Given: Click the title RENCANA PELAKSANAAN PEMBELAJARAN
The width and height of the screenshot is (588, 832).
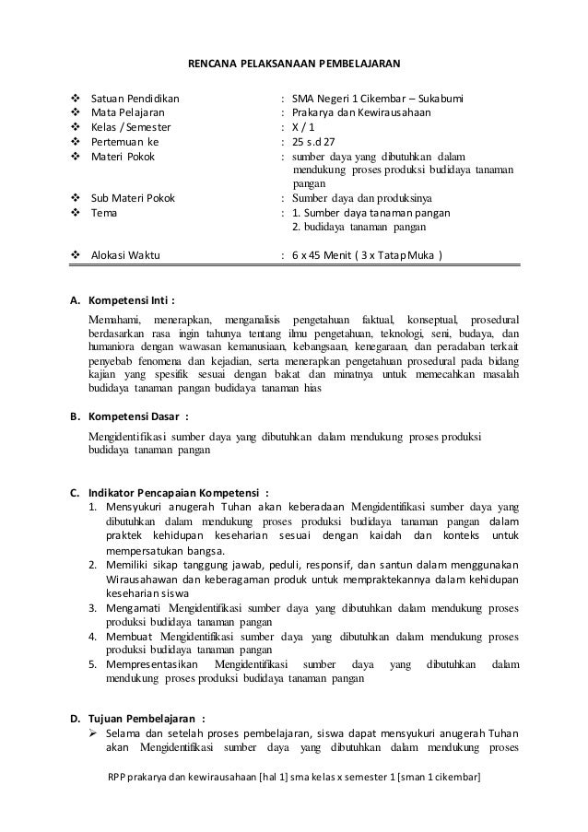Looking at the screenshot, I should (294, 65).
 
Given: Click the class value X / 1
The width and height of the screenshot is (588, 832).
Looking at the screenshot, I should (305, 128).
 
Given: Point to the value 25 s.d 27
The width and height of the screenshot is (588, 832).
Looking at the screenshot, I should (314, 143).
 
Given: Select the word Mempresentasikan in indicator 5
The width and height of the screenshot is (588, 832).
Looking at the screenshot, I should (151, 664).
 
